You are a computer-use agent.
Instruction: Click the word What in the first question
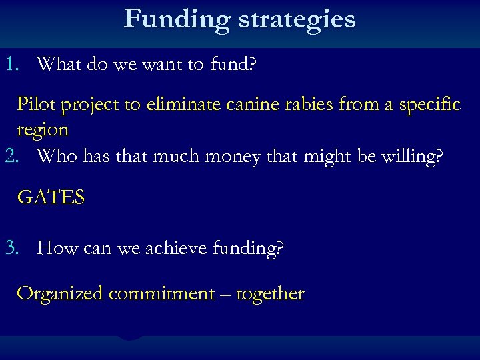coord(59,64)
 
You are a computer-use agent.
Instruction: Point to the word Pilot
coord(36,105)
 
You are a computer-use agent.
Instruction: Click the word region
coord(43,130)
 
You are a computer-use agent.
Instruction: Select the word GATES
coord(51,198)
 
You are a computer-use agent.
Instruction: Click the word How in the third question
coord(57,249)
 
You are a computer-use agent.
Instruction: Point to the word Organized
coord(59,294)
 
